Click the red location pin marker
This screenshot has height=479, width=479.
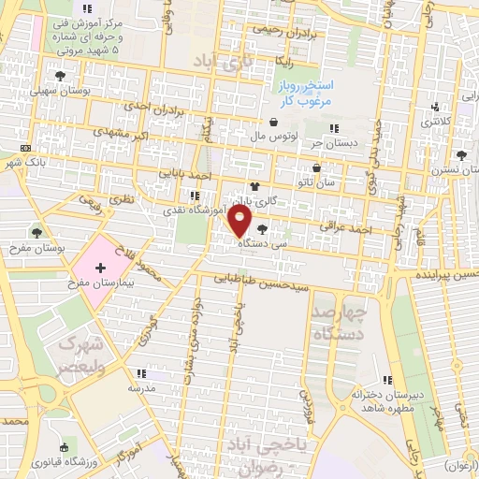pos(239,222)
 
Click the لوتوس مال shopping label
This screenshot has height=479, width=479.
pos(274,136)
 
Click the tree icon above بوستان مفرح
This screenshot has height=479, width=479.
pos(38,231)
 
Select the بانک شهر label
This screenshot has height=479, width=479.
pos(25,162)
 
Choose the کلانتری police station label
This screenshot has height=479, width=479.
pos(437,121)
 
